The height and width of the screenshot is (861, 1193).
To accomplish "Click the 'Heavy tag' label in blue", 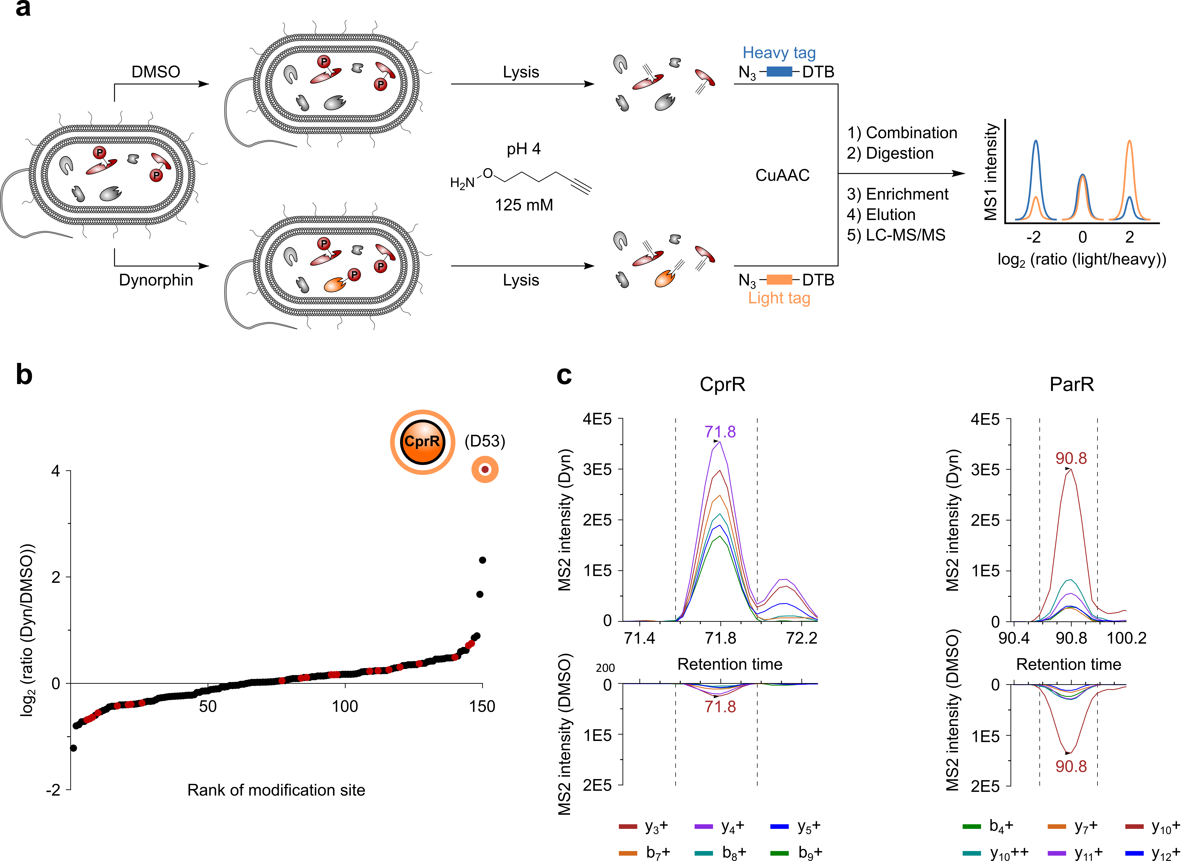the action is (x=779, y=53).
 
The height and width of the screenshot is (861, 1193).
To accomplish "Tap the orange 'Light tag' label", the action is (x=779, y=298).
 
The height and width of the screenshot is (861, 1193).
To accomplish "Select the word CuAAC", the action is (x=782, y=175).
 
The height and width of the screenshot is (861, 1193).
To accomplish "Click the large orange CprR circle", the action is (x=422, y=442).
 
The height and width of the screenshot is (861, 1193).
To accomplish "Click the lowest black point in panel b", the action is (x=73, y=748).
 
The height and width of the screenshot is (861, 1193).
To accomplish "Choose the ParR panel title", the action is (x=1071, y=385).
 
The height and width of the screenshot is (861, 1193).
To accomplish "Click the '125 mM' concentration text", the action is (x=524, y=205).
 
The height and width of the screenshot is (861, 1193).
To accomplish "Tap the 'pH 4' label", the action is (x=523, y=149).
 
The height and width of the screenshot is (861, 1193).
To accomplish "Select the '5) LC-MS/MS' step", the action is (x=896, y=235).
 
